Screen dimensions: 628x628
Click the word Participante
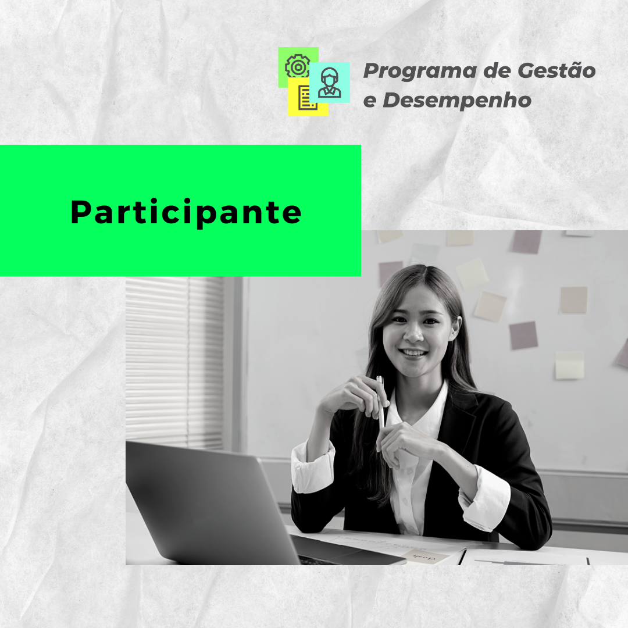coord(186,212)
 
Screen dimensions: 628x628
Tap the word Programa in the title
coord(420,72)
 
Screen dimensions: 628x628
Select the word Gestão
coord(556,70)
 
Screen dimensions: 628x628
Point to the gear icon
coord(297,67)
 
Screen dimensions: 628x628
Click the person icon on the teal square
coord(330,83)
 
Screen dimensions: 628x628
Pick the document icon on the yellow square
coord(307,98)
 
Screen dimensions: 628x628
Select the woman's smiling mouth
coord(414,353)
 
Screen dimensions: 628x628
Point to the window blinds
coord(174,362)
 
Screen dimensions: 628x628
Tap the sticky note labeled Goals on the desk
coord(425,556)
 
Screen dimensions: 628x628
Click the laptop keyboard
coord(316,559)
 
